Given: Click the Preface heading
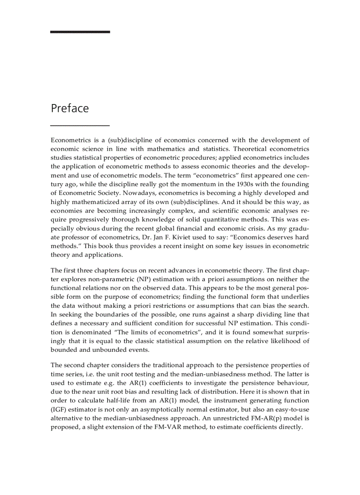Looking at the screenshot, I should (x=70, y=108).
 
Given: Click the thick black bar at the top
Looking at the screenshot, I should (x=80, y=32).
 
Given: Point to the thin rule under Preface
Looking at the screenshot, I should (x=80, y=126).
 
